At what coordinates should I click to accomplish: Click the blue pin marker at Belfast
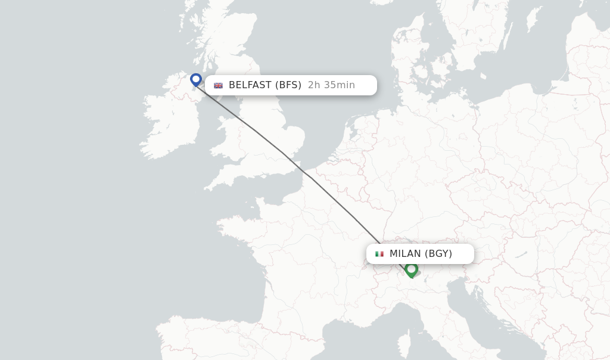196,79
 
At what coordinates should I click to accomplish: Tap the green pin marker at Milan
411,269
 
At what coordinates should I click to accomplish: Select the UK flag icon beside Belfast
218,85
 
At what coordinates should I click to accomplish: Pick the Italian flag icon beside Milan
379,254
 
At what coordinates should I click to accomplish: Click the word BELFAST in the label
250,85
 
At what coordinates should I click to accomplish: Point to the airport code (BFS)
288,85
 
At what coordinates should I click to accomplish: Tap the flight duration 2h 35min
331,85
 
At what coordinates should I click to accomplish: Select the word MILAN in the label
405,254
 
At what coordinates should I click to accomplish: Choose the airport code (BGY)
438,254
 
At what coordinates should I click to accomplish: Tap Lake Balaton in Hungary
521,255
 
